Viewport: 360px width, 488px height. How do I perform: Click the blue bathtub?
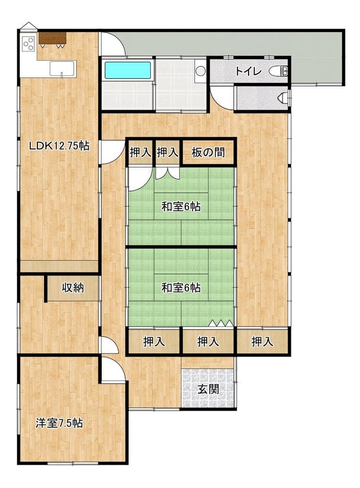coord(127,70)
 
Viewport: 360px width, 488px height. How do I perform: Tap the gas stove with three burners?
coord(28,44)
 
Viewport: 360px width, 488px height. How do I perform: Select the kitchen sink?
coord(62,69)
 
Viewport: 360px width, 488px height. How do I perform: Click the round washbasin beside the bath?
coord(200,71)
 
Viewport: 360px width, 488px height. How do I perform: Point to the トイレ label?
coord(248,71)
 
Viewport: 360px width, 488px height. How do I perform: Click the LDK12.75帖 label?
coord(59,146)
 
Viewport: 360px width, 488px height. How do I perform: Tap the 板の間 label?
coord(208,153)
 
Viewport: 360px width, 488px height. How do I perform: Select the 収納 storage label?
coord(73,288)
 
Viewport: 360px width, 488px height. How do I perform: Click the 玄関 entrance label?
coord(208,389)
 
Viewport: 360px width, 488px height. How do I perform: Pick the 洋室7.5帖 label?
coord(59,423)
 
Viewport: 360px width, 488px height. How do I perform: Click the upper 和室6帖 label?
coord(181,207)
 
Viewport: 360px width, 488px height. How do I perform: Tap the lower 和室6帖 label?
coord(181,288)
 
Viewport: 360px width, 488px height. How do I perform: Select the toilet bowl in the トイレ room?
coord(278,71)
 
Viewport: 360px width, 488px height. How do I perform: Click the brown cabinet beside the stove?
coord(53,38)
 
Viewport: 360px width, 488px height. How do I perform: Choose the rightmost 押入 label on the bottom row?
coord(262,342)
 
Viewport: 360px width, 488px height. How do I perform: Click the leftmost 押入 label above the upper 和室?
coord(141,153)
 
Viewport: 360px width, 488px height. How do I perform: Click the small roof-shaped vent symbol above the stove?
coord(28,26)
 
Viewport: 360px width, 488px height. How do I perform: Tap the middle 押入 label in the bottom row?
coord(208,342)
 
